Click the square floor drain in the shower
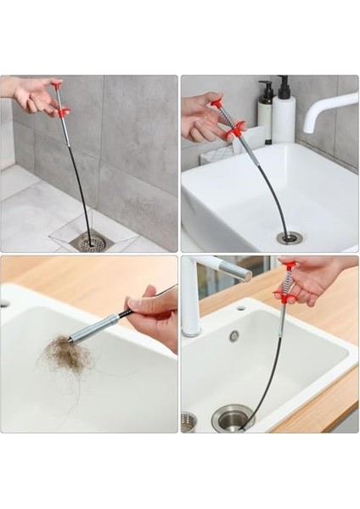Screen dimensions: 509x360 [93, 243]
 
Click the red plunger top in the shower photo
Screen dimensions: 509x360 [57, 86]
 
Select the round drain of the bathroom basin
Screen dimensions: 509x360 [290, 238]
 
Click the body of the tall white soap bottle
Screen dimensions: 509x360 [283, 120]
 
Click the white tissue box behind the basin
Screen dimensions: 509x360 [222, 152]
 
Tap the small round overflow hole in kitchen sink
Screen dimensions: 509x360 [233, 336]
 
